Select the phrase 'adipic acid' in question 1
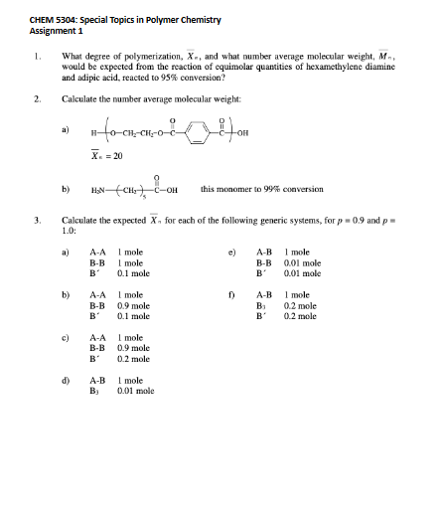(98, 77)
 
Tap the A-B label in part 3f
(265, 295)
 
